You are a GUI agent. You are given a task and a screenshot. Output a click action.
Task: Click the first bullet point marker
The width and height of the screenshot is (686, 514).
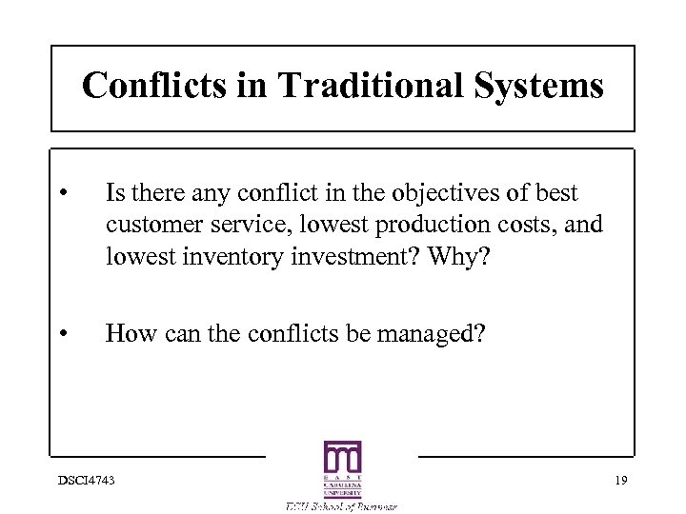[x=62, y=195]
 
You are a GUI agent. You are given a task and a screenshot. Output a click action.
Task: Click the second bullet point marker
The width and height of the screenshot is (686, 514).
[x=62, y=333]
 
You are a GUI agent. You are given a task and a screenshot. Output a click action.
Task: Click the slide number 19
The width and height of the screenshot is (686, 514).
[x=621, y=478]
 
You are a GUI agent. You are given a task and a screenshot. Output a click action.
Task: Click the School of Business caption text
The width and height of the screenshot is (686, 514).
[x=342, y=505]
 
